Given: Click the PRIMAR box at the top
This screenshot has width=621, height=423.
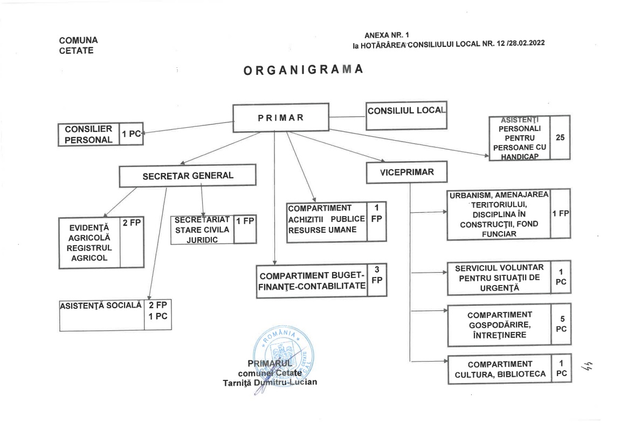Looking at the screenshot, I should (x=280, y=117).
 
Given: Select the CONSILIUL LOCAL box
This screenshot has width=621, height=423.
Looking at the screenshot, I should (x=406, y=115).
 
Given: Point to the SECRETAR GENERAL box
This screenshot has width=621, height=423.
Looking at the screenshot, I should (x=188, y=176).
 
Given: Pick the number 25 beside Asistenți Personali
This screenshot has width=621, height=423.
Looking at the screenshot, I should (x=560, y=137).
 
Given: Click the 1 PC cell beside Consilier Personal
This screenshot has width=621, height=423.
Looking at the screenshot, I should (x=131, y=134).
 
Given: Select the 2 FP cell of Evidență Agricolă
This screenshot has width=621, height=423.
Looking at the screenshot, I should (x=132, y=222).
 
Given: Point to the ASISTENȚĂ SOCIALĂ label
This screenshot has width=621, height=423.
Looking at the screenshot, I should (x=101, y=306).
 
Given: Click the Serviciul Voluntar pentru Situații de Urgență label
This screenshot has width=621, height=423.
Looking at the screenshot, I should (x=499, y=278).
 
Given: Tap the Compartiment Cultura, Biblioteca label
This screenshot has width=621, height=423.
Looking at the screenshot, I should (x=500, y=369).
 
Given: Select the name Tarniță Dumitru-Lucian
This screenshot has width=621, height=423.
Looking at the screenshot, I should (x=278, y=383).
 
